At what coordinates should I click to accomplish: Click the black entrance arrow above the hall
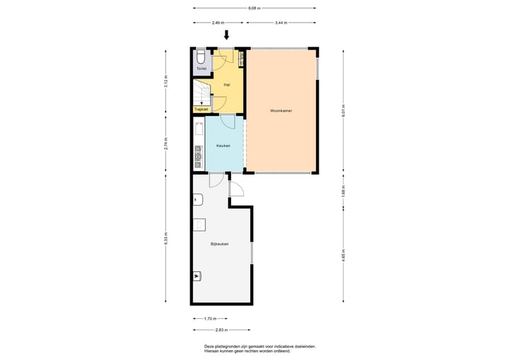point(227,35)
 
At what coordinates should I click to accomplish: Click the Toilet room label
point(201,69)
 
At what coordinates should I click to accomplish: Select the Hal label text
point(226,84)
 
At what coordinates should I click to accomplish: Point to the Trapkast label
point(201,109)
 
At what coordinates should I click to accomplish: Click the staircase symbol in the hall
point(201,93)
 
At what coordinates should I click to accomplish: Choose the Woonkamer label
point(281,110)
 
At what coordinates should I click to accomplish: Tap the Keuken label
point(223,146)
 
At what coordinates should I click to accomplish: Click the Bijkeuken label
point(219,244)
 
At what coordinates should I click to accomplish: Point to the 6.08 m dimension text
point(254,8)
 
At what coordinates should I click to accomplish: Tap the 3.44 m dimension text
point(281,23)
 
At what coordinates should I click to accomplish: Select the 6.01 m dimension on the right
point(344,110)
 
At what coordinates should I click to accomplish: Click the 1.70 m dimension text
point(210,318)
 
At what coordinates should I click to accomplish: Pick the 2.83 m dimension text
point(221,330)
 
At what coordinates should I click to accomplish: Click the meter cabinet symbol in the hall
point(240,59)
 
